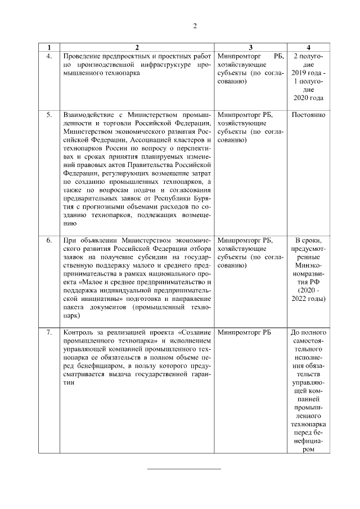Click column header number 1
pyautogui.click(x=49, y=47)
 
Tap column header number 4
pyautogui.click(x=308, y=47)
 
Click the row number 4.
pyautogui.click(x=49, y=56)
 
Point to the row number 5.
pyautogui.click(x=49, y=115)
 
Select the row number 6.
pyautogui.click(x=49, y=240)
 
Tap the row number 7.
pyautogui.click(x=49, y=332)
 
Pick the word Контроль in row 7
pyautogui.click(x=78, y=332)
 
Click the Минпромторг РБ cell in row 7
pyautogui.click(x=244, y=332)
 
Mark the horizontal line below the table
pyautogui.click(x=184, y=469)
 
